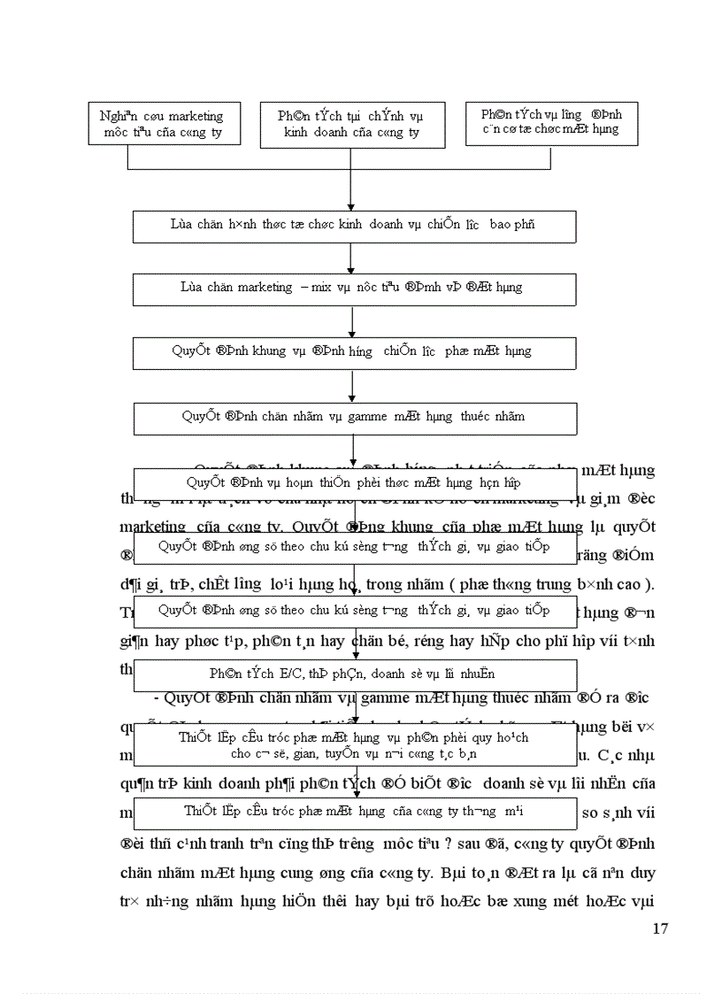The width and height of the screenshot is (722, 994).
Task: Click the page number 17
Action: click(x=659, y=929)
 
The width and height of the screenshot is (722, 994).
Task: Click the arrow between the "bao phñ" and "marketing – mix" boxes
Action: click(x=351, y=258)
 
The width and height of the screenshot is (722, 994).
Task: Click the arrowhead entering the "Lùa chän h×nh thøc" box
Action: click(x=351, y=204)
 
